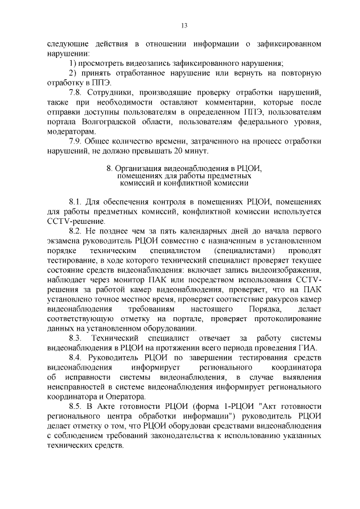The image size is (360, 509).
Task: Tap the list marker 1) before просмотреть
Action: point(73,64)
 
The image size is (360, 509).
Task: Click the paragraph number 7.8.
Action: point(76,93)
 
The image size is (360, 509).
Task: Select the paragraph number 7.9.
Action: point(76,141)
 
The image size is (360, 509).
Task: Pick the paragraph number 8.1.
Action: point(76,201)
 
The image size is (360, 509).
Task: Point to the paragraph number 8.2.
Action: point(76,231)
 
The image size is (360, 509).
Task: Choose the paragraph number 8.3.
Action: point(76,337)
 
